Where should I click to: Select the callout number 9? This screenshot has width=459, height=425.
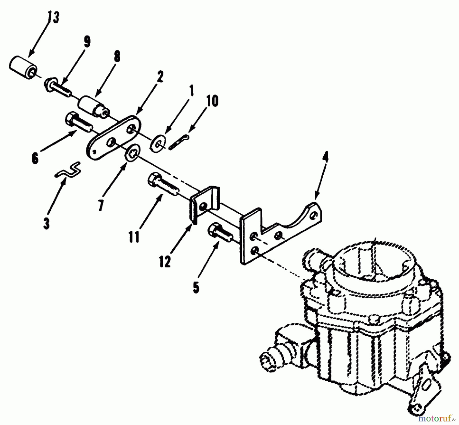click(x=87, y=42)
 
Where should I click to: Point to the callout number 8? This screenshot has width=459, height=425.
click(x=117, y=57)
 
